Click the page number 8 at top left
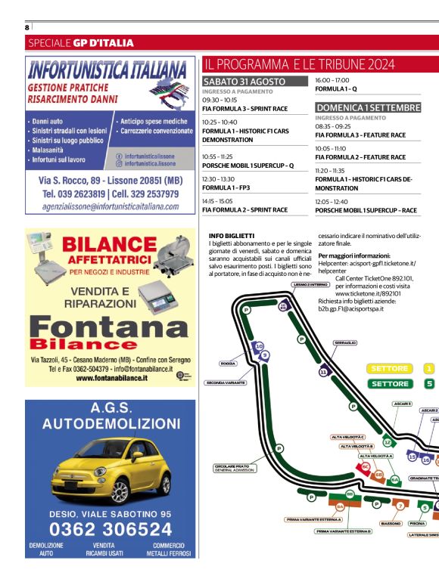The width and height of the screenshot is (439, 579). click(x=26, y=27)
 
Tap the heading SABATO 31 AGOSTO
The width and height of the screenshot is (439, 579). click(x=244, y=81)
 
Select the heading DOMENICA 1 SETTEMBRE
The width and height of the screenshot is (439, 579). click(x=367, y=107)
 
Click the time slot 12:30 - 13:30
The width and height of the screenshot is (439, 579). click(x=218, y=178)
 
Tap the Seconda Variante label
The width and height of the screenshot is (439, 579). click(x=226, y=382)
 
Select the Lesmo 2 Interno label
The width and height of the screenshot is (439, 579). click(x=310, y=284)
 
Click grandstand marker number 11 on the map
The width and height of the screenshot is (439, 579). click(x=323, y=372)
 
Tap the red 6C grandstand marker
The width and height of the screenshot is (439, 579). click(x=366, y=467)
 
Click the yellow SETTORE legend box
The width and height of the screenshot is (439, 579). click(x=389, y=368)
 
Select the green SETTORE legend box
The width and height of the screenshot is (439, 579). click(x=389, y=383)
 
